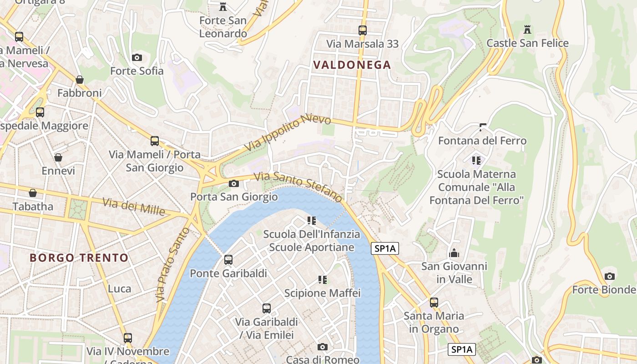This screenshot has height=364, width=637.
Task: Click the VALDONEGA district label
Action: click(x=352, y=65)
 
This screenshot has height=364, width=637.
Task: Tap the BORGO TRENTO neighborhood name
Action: click(x=79, y=258)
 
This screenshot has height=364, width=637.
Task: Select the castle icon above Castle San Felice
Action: click(x=527, y=30)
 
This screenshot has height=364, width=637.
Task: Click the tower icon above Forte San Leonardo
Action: click(x=223, y=7)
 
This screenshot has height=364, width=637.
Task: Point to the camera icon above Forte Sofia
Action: click(x=136, y=57)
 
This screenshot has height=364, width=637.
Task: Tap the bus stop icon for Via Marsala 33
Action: click(x=363, y=30)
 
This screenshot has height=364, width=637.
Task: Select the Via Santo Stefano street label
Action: click(x=298, y=187)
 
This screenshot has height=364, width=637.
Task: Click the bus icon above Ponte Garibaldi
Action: click(x=228, y=260)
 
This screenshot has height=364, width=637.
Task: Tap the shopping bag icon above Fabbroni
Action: click(x=80, y=80)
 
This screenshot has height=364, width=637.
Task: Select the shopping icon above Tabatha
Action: click(x=33, y=193)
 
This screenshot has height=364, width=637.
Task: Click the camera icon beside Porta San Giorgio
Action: click(x=234, y=183)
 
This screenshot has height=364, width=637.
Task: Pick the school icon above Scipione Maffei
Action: click(x=323, y=279)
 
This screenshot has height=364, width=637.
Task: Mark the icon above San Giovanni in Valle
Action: click(x=454, y=253)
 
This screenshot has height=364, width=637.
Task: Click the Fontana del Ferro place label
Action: click(x=482, y=141)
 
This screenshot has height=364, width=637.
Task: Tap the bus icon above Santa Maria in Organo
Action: click(x=434, y=302)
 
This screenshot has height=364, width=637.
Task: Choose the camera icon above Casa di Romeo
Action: click(x=322, y=347)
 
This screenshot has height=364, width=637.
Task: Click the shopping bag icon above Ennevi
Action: click(x=58, y=157)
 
